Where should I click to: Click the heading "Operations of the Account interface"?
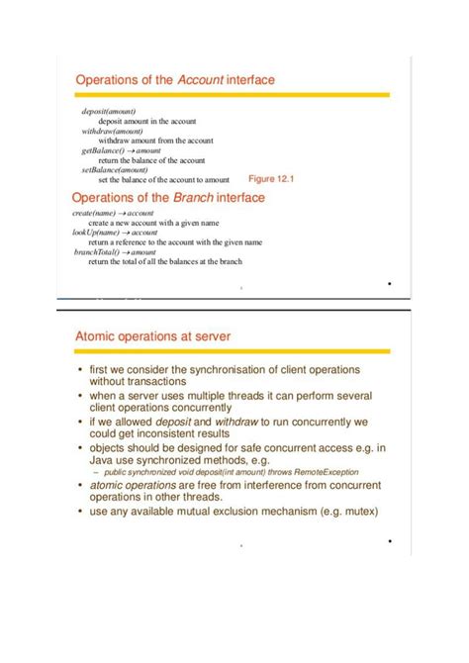tap(175, 78)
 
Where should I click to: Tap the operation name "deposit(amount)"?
tap(109, 112)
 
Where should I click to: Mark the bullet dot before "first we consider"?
tap(81, 369)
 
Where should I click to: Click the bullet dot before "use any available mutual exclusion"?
tap(81, 512)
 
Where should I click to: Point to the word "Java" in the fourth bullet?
tap(104, 459)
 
